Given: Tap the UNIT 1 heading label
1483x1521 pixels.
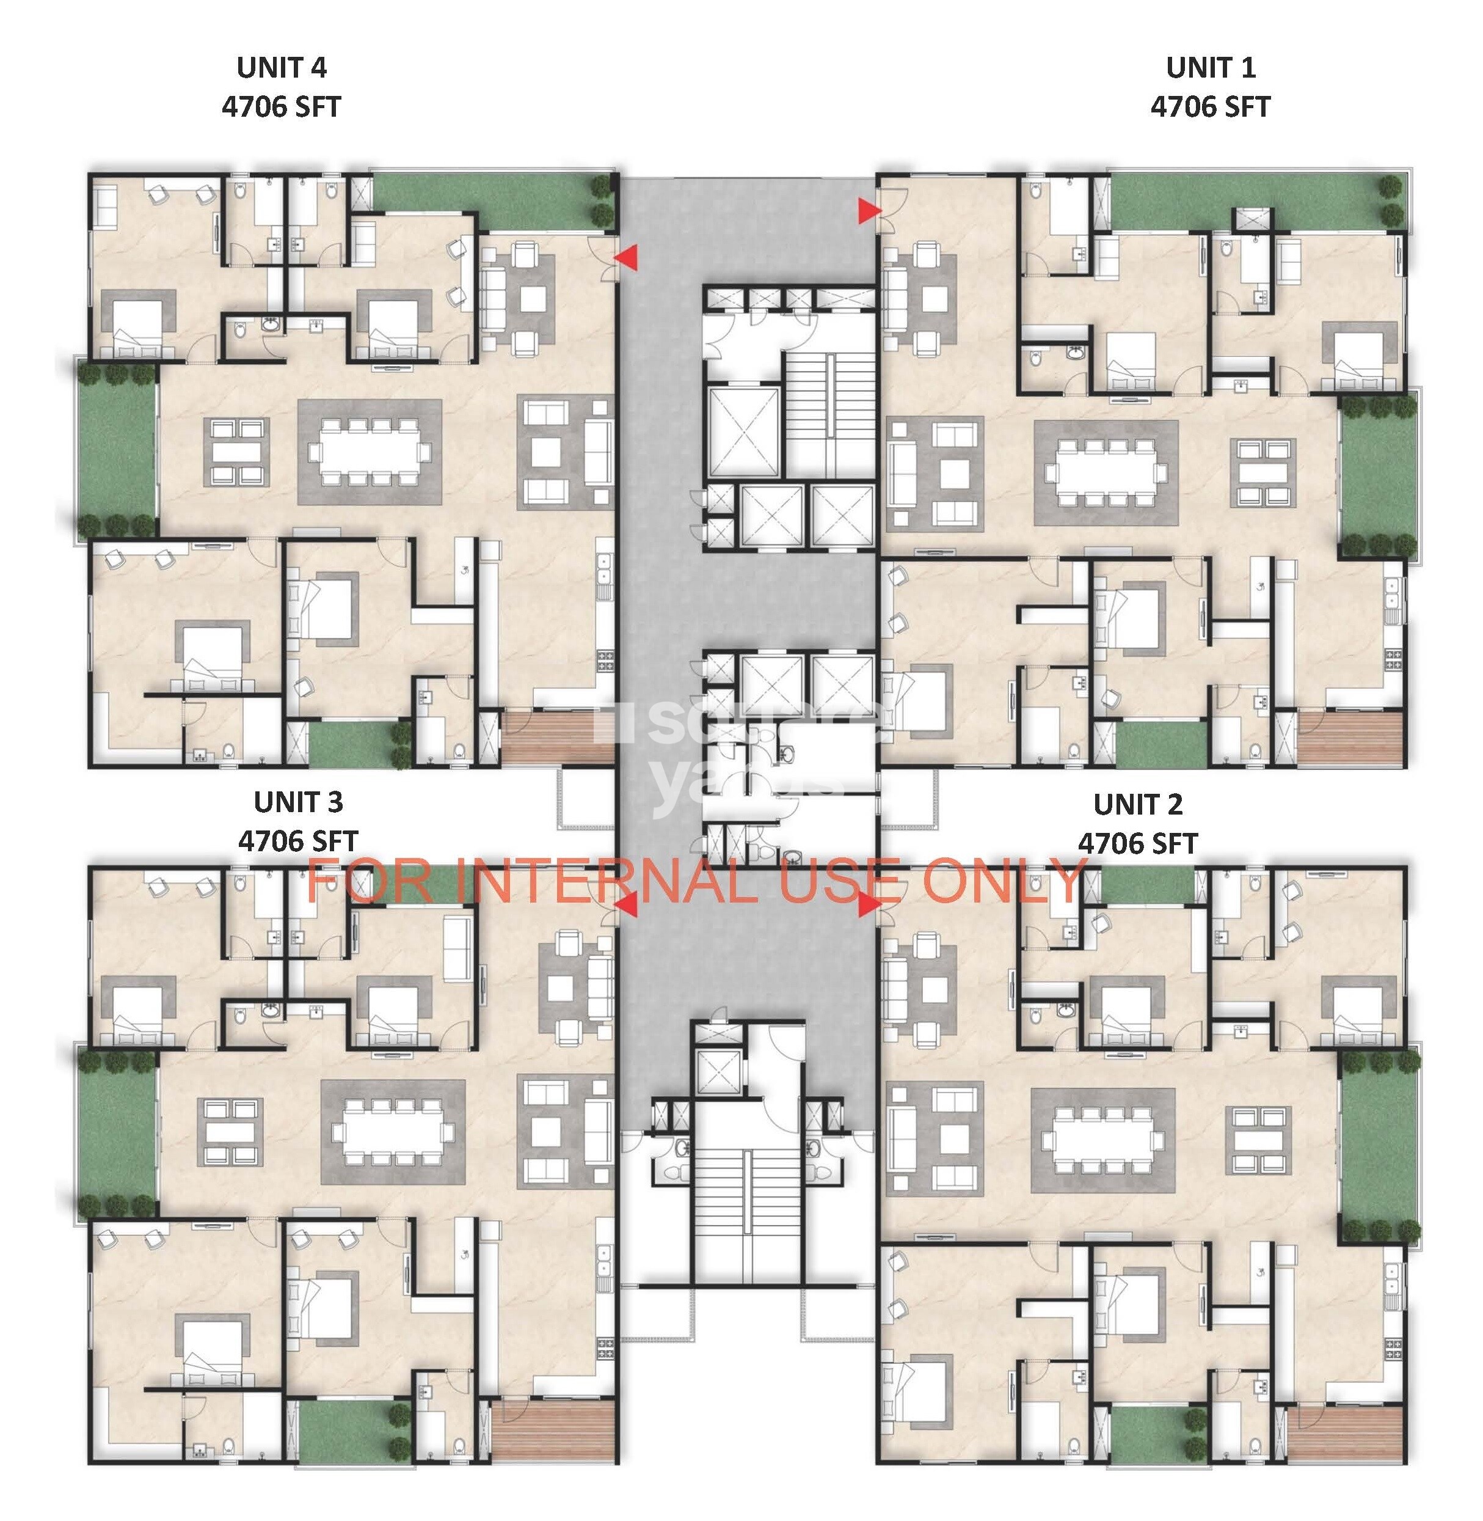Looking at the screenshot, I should [x=1211, y=68].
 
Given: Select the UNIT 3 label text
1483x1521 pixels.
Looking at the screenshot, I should [x=297, y=802].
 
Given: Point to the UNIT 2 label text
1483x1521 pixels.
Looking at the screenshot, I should [x=1137, y=804].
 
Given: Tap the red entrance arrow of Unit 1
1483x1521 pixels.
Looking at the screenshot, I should [x=868, y=210].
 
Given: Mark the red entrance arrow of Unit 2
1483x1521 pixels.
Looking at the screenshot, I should [x=868, y=906].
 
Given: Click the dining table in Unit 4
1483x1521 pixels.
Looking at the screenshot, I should [x=370, y=452].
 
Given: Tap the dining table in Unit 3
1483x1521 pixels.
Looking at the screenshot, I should [x=393, y=1131].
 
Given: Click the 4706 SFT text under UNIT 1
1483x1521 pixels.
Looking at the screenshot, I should [x=1211, y=107].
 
